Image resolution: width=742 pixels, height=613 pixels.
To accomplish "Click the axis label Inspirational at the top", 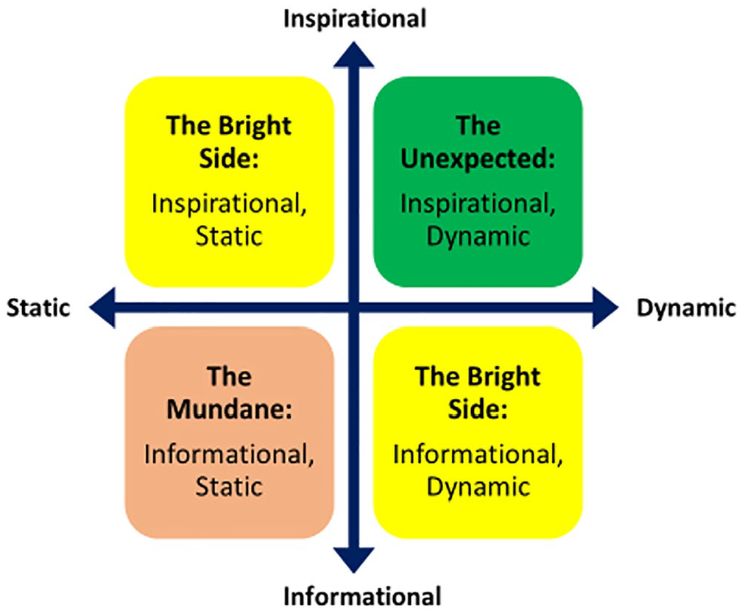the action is [x=355, y=19].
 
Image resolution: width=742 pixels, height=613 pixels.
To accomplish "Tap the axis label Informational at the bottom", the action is [x=362, y=596].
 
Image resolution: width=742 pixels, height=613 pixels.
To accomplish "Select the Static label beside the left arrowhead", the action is [x=38, y=308].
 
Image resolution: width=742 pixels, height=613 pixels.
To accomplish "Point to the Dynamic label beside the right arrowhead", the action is [x=687, y=308].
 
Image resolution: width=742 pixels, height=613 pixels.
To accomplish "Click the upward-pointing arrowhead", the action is [x=354, y=55].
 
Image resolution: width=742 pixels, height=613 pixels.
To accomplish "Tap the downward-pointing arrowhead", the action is [x=354, y=560].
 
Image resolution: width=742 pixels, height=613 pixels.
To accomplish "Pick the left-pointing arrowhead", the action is [x=103, y=308].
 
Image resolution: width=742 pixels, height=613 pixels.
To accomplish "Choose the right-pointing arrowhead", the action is [x=605, y=308].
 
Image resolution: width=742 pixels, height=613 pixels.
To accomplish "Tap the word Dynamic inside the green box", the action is [x=478, y=237].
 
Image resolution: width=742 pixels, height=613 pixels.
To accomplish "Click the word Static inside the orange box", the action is [x=229, y=486].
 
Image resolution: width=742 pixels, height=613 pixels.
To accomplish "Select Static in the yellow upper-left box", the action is [x=229, y=235].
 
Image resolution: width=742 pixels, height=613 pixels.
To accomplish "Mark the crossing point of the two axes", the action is [x=354, y=308].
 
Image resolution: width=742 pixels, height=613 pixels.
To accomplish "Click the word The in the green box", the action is [x=478, y=126].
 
